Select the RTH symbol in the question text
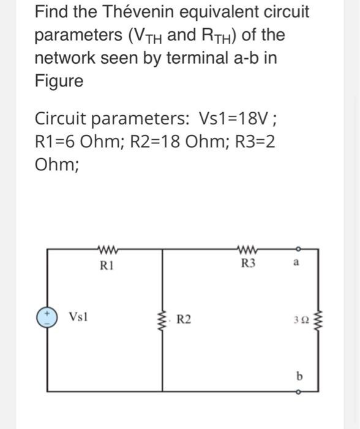tap(219, 36)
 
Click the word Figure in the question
tap(59, 81)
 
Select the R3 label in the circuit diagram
tap(247, 265)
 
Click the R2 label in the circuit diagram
tap(183, 319)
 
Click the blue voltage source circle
tap(47, 318)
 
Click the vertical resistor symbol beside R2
tap(162, 319)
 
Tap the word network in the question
tap(64, 58)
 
